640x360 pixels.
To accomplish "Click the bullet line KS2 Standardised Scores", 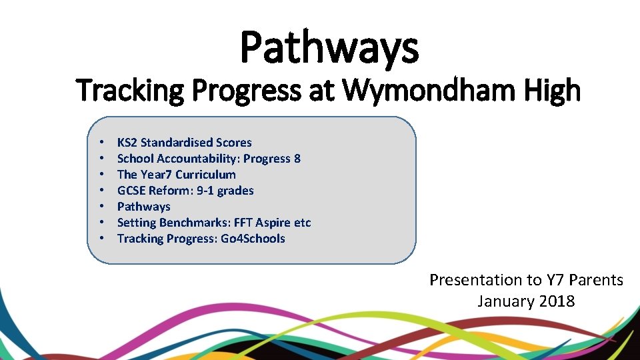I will tap(184, 143).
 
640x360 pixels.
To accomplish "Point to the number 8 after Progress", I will tap(297, 159).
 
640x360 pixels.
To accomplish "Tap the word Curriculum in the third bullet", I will tap(205, 175).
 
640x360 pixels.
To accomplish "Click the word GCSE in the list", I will tap(131, 191).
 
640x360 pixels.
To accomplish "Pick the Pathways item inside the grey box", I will tap(143, 207).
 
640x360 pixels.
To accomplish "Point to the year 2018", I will tap(557, 301).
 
